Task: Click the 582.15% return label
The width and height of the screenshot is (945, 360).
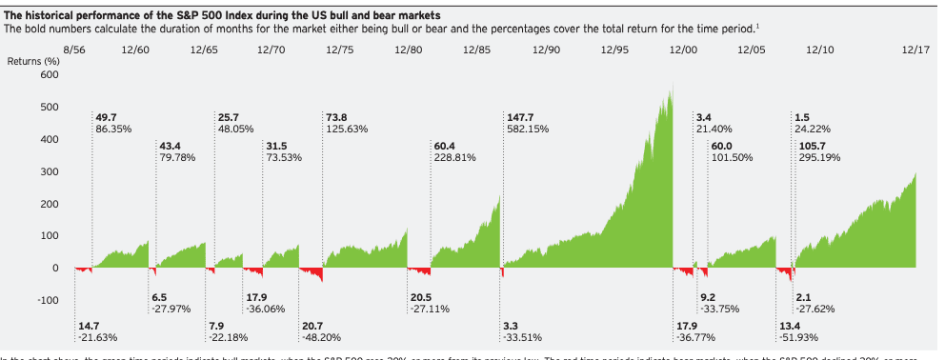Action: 528,129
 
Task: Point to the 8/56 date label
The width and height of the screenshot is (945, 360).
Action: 74,48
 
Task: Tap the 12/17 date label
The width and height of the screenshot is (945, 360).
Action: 915,48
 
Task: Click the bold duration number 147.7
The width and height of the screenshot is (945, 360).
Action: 522,116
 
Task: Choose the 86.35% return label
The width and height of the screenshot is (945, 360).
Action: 115,129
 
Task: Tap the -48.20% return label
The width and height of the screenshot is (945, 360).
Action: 322,338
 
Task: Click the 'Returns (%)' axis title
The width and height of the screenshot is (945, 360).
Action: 33,61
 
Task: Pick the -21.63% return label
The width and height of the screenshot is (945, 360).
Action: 98,338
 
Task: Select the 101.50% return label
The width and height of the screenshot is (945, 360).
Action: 732,158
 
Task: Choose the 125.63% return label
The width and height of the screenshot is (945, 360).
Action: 347,129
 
